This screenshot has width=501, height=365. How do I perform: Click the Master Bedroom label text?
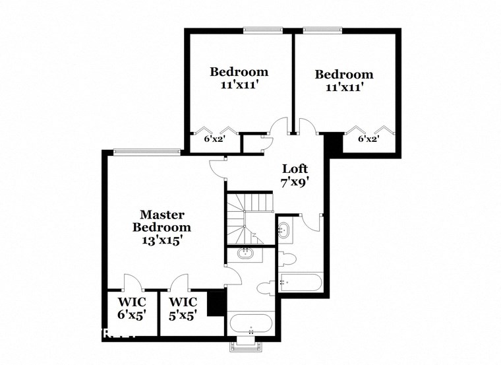(162, 227)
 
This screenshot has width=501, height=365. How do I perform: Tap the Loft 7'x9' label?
(295, 174)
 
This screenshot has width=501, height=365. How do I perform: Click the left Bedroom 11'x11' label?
(239, 78)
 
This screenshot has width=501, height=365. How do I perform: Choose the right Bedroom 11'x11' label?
(343, 81)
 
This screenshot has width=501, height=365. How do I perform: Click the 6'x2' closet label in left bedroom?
(214, 139)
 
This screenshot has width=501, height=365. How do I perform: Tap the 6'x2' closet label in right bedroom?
(368, 139)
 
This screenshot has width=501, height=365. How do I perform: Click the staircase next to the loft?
(249, 218)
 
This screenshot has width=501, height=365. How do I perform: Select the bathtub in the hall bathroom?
(300, 282)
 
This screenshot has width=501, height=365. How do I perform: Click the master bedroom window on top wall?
(147, 152)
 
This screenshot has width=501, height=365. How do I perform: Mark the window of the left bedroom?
(263, 29)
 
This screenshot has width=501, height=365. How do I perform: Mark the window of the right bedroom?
(322, 29)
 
